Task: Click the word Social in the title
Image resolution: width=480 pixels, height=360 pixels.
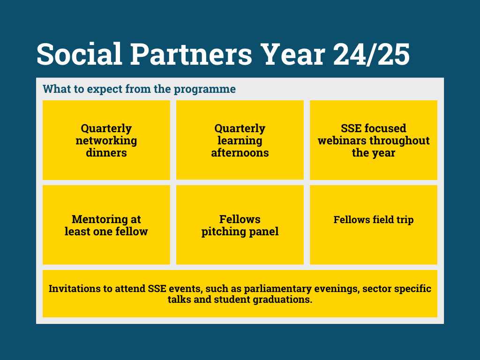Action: (x=80, y=54)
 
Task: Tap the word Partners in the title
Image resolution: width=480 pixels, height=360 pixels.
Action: (x=191, y=54)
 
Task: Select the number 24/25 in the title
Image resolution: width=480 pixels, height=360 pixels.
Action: (x=371, y=54)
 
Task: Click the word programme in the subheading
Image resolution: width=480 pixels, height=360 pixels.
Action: (x=205, y=90)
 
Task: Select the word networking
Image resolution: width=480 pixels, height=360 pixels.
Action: (x=106, y=141)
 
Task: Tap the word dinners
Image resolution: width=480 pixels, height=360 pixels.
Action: (x=106, y=152)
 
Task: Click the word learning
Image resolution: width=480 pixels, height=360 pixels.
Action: (x=240, y=141)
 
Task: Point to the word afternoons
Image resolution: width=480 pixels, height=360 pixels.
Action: (x=240, y=152)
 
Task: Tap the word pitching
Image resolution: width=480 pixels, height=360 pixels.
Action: (x=224, y=232)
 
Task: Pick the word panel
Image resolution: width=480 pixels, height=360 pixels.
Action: (x=264, y=232)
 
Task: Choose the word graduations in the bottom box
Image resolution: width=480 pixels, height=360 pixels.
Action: (x=283, y=300)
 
